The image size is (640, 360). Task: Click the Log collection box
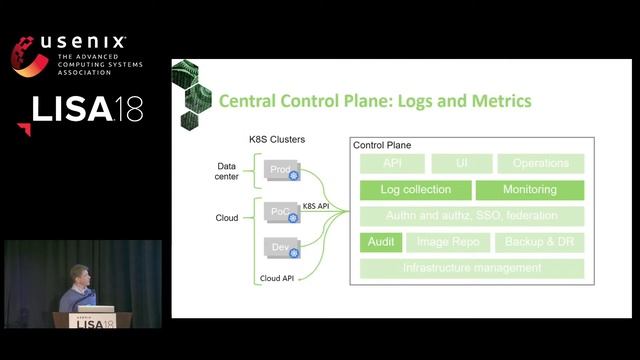click(x=415, y=189)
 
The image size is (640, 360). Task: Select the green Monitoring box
click(x=529, y=189)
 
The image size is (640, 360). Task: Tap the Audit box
click(x=380, y=242)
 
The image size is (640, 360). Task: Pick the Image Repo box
click(x=447, y=242)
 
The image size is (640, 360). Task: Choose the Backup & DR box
click(x=539, y=242)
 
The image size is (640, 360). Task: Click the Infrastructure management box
click(x=471, y=268)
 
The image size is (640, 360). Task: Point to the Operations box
click(x=540, y=163)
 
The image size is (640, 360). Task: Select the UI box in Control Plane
click(x=461, y=163)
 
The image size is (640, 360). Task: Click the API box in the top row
click(x=392, y=163)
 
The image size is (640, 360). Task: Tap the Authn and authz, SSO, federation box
click(x=471, y=215)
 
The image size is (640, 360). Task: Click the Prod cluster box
click(x=281, y=170)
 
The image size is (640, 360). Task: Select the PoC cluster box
click(x=281, y=212)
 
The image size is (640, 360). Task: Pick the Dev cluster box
click(x=281, y=245)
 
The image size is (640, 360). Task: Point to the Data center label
click(x=227, y=171)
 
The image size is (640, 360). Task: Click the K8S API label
click(x=316, y=204)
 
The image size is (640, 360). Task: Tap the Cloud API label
click(x=276, y=278)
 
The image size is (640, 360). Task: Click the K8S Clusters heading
click(x=277, y=139)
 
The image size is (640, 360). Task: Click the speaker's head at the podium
click(x=79, y=275)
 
